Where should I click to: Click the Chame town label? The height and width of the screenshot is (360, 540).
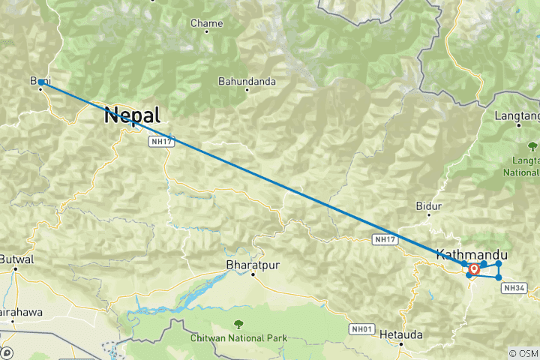(206, 24)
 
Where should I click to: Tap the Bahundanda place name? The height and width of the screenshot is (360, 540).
(247, 81)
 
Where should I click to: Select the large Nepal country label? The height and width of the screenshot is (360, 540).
(133, 115)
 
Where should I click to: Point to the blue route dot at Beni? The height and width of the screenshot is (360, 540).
(41, 83)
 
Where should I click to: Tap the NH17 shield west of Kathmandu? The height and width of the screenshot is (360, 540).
(385, 239)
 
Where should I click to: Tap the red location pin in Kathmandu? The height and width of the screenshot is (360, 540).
(474, 269)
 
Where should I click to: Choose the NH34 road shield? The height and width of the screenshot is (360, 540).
(514, 287)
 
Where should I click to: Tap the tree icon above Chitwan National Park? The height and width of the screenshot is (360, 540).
(238, 324)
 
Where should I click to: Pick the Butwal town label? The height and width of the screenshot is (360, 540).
(16, 259)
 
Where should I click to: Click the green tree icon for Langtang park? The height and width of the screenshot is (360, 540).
(532, 145)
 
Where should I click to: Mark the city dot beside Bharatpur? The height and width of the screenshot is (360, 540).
(253, 274)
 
